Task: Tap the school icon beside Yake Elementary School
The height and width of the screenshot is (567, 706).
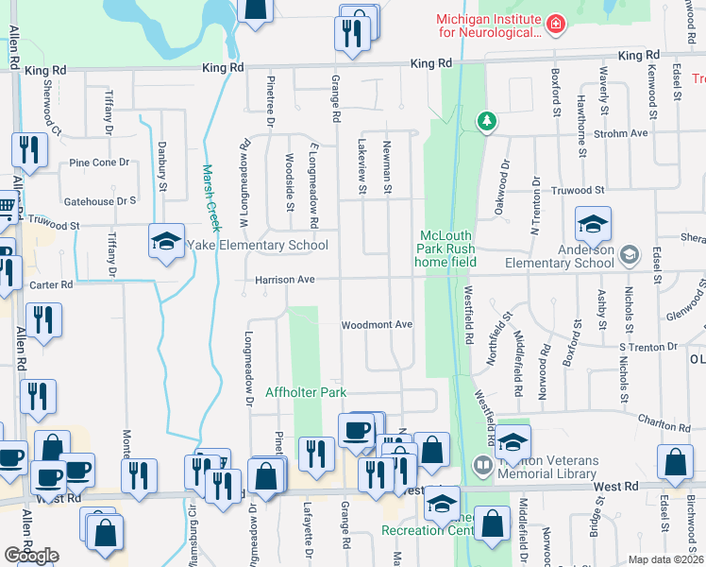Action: tap(166, 242)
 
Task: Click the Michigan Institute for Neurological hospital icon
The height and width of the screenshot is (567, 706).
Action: tap(556, 23)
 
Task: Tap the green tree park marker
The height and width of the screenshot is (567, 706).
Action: tap(486, 121)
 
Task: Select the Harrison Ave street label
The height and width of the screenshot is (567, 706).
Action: tap(284, 281)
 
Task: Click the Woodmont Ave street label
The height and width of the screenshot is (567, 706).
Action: tap(378, 325)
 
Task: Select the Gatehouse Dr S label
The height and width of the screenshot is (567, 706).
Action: tap(99, 201)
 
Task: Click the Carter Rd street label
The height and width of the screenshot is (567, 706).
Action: tap(52, 284)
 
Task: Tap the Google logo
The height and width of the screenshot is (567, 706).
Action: tap(31, 556)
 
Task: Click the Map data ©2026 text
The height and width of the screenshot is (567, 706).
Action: tap(664, 559)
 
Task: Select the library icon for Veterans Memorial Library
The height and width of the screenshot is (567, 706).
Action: tap(482, 465)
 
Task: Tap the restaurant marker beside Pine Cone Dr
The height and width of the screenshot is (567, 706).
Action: tap(29, 150)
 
